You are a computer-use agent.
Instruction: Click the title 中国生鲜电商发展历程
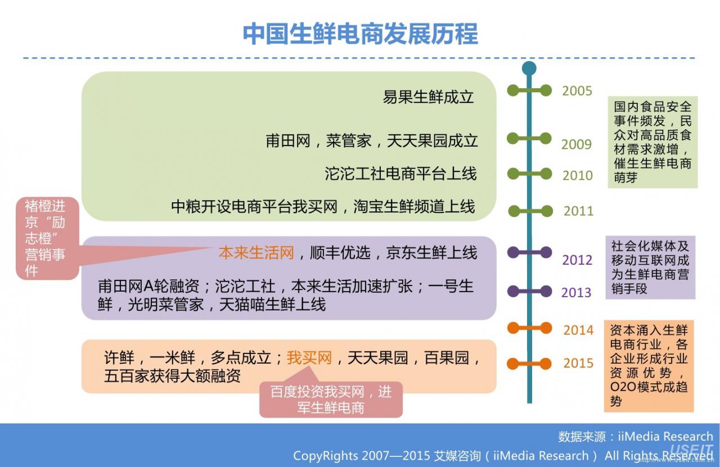click(x=360, y=34)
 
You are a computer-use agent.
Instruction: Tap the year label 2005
click(x=577, y=91)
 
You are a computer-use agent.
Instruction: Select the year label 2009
click(x=577, y=144)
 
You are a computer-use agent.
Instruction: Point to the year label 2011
click(x=579, y=211)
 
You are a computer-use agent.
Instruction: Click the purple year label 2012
click(x=577, y=260)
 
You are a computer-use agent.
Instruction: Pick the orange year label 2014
click(x=579, y=330)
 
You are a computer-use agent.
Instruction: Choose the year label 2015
click(x=579, y=363)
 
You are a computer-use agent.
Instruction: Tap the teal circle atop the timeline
click(x=529, y=69)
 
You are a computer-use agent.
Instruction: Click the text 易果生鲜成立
click(x=428, y=97)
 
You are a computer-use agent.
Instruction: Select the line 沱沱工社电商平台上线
click(x=400, y=174)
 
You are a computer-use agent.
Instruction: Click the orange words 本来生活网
click(x=256, y=253)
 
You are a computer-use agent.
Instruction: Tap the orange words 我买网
click(x=309, y=358)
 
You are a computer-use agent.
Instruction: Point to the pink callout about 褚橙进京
click(x=47, y=238)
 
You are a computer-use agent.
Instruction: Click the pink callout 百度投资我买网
click(x=331, y=399)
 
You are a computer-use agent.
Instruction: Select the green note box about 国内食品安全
click(x=652, y=142)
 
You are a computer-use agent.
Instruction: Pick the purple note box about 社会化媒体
click(x=651, y=267)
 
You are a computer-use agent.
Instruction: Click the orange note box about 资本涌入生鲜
click(x=649, y=366)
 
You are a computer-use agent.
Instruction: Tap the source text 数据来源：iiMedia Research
click(x=636, y=437)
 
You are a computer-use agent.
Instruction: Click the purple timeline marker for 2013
click(x=529, y=291)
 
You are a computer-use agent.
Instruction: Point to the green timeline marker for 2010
click(x=529, y=174)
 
